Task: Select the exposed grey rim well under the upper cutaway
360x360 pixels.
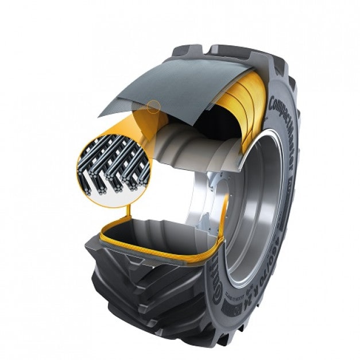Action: (189, 149)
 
